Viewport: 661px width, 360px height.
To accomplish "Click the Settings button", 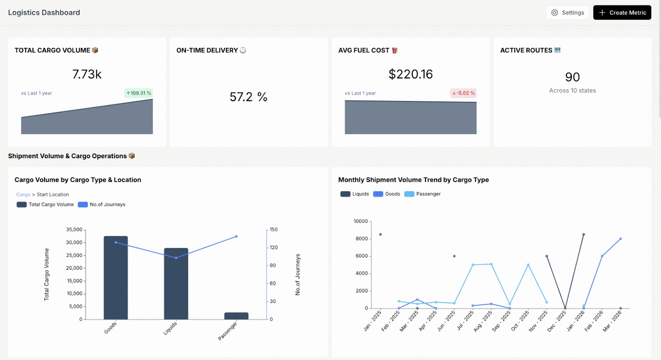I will pyautogui.click(x=568, y=13).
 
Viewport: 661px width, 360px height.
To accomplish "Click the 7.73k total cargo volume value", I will pyautogui.click(x=87, y=74).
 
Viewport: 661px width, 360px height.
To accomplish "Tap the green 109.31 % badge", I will pyautogui.click(x=139, y=93).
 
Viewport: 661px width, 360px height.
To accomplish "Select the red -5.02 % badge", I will pyautogui.click(x=464, y=93).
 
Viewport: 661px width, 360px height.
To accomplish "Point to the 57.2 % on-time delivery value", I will pyautogui.click(x=248, y=97).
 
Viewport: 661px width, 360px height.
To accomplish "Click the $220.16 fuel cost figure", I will pyautogui.click(x=410, y=74).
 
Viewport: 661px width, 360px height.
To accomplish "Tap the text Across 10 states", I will pyautogui.click(x=572, y=91).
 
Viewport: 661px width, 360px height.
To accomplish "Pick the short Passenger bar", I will pyautogui.click(x=236, y=316).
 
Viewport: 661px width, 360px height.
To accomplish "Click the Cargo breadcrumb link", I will pyautogui.click(x=23, y=194).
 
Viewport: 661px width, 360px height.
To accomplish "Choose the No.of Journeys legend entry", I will pyautogui.click(x=102, y=205).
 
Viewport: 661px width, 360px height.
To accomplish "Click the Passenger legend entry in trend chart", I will pyautogui.click(x=423, y=194).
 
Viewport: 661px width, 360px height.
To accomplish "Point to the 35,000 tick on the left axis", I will pyautogui.click(x=74, y=230).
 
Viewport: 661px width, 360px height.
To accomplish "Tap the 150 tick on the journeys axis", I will pyautogui.click(x=273, y=230).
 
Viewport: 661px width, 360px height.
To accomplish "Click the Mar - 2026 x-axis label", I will pyautogui.click(x=612, y=321).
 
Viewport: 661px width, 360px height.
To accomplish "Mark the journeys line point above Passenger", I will pyautogui.click(x=236, y=237).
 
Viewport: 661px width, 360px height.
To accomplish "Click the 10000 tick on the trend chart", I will pyautogui.click(x=360, y=221).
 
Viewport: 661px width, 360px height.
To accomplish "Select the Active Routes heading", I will pyautogui.click(x=526, y=50).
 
